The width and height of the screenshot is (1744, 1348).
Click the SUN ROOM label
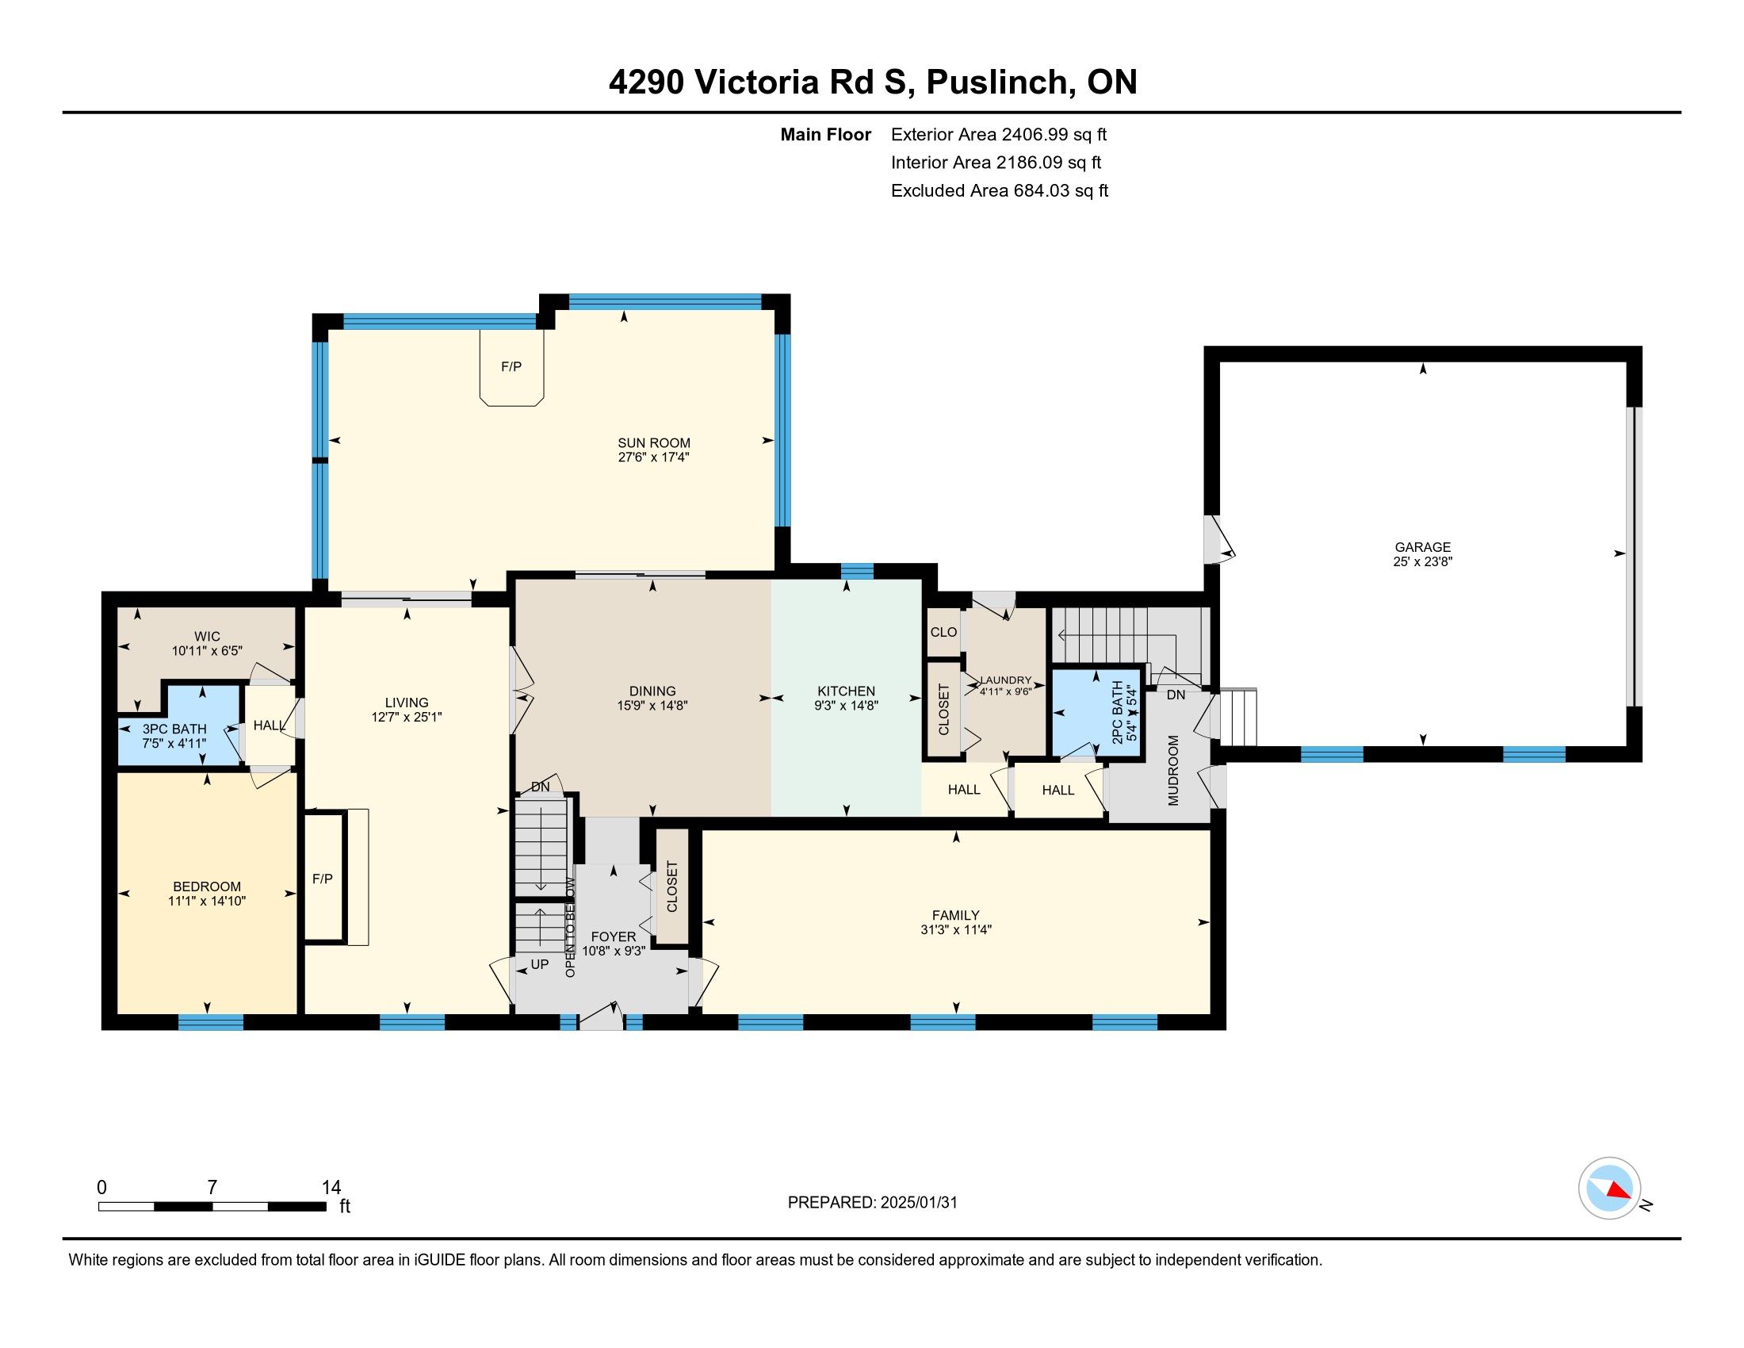tap(653, 443)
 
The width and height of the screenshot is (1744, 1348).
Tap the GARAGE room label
tap(1422, 547)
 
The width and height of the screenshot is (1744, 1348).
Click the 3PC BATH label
tap(174, 729)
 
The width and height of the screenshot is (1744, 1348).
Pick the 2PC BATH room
tap(1096, 711)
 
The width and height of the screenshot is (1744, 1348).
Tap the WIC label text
tap(207, 637)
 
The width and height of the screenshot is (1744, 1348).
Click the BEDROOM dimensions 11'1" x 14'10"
tap(207, 901)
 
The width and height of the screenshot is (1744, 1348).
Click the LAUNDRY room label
tap(1005, 680)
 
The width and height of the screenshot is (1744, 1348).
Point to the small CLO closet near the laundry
tap(943, 632)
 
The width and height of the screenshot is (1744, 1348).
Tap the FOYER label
tap(614, 936)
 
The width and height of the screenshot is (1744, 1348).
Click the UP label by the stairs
tap(540, 964)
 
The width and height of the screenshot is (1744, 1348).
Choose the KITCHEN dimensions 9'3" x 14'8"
tap(847, 706)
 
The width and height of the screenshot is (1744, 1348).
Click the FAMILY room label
tap(955, 915)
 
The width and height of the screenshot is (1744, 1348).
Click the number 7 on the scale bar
tap(212, 1188)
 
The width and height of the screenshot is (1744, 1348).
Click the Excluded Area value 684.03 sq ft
tap(1061, 191)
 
